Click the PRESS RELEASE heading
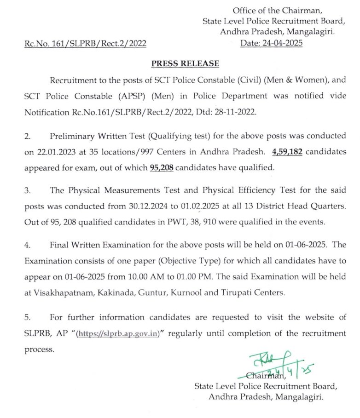(180, 63)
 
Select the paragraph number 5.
(27, 318)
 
